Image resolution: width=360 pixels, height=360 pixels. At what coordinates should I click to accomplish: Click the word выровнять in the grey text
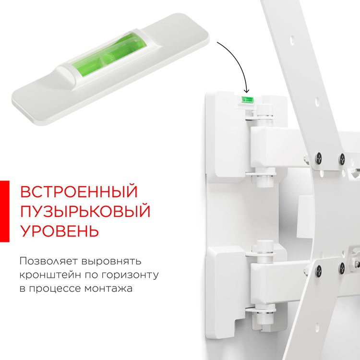(110, 262)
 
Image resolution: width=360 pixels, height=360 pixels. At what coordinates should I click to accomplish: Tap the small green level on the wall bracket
(247, 99)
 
